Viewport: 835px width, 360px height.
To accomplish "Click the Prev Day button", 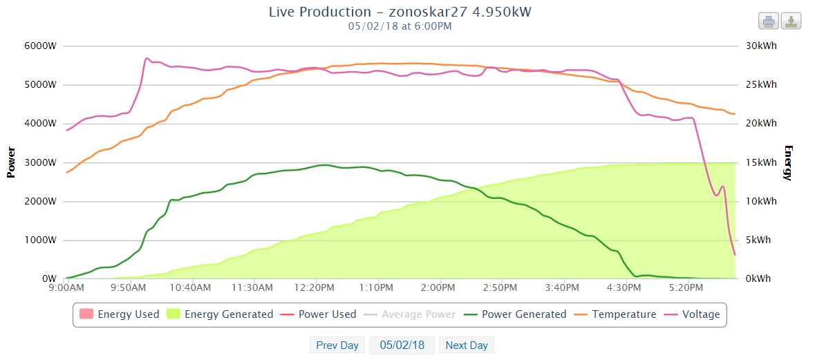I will (x=337, y=345).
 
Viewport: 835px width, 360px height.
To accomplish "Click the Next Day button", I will (x=467, y=345).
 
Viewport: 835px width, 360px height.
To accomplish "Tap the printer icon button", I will (x=769, y=21).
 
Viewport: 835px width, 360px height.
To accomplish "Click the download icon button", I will (x=791, y=21).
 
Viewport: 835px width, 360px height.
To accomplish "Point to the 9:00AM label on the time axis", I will (x=66, y=287).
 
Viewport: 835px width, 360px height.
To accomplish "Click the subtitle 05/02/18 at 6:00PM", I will (x=400, y=26).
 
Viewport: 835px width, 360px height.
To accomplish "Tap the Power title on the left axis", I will (x=11, y=162).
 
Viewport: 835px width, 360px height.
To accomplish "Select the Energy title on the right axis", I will (x=788, y=162).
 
